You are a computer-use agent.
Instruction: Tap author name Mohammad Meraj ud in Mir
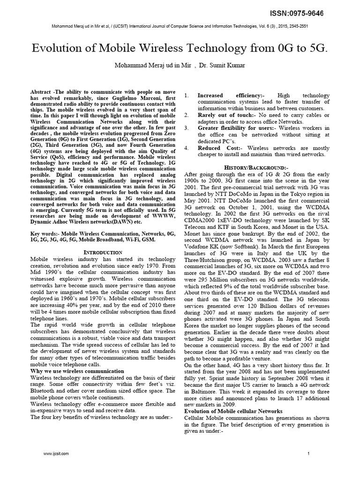pos(150,65)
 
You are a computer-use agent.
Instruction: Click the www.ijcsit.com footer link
pos(56,454)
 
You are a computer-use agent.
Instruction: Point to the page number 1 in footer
pos(308,454)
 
